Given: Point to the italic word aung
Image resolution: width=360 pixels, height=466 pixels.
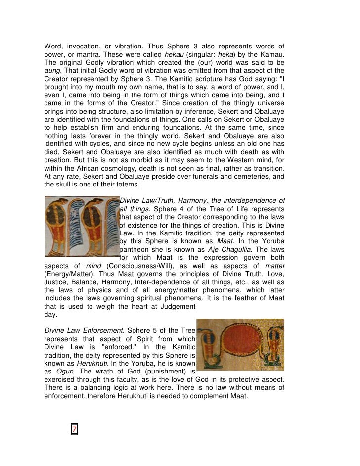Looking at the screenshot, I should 51,70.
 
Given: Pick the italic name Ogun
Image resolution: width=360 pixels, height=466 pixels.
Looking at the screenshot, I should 61,370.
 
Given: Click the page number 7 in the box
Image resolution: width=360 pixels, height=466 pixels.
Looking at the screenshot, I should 75,429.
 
